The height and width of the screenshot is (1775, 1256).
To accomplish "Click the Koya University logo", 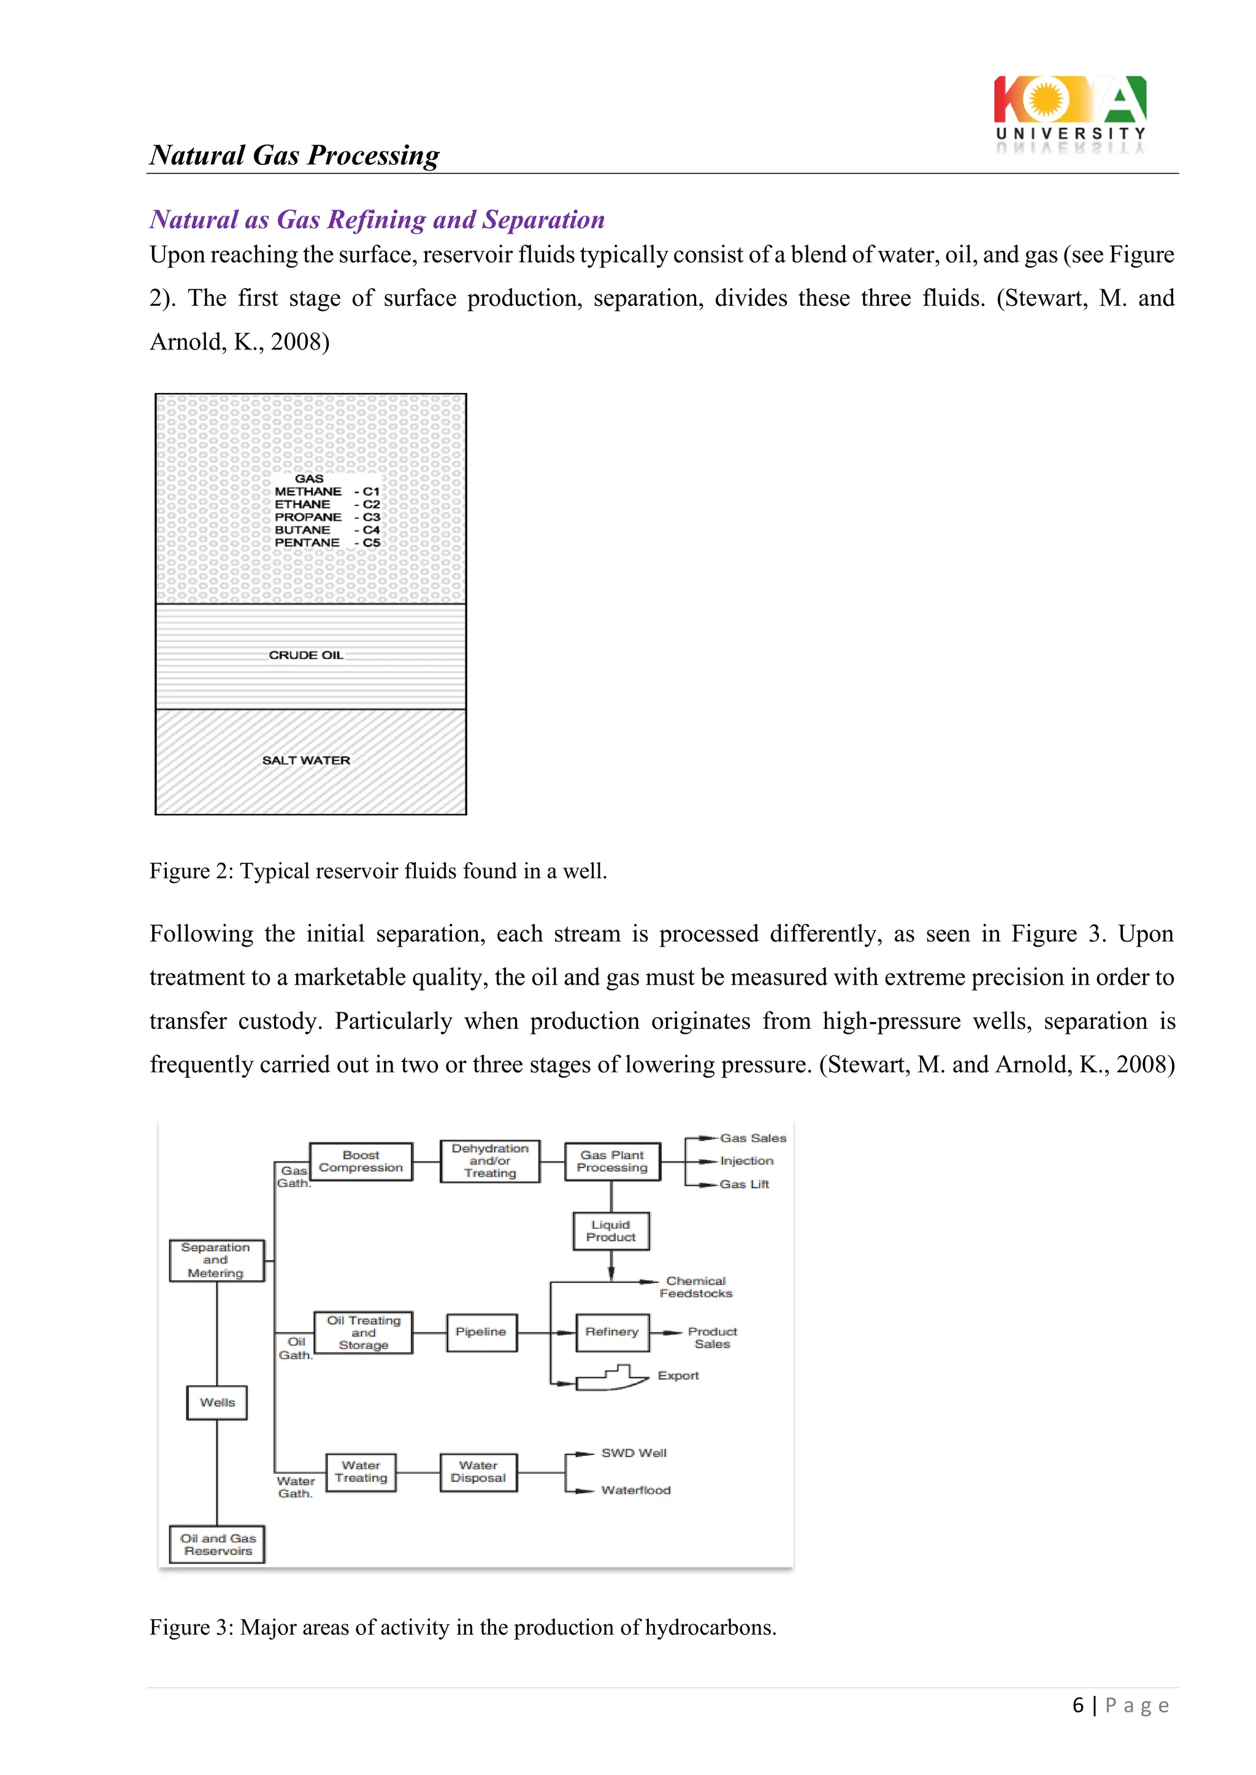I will coord(1070,113).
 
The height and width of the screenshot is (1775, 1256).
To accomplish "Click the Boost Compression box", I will coord(361,1161).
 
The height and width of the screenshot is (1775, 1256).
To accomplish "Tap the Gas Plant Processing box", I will coord(612,1161).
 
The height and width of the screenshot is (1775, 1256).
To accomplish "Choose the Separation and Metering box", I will coord(216,1260).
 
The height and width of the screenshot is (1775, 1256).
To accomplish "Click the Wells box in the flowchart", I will coord(217,1402).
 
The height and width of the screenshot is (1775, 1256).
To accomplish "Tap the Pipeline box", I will coord(480,1332).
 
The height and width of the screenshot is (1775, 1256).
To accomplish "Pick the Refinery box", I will coord(612,1332).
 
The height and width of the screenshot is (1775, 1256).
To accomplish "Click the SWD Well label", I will coord(634,1453).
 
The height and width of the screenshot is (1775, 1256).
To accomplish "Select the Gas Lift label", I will coord(744,1185).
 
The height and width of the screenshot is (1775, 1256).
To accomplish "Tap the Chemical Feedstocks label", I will coord(695,1287).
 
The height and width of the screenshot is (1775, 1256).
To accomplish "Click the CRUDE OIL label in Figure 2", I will coord(306,655).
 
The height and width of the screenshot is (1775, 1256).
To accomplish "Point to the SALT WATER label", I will coord(306,761).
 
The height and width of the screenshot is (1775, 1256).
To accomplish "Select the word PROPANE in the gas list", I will coord(308,517).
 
